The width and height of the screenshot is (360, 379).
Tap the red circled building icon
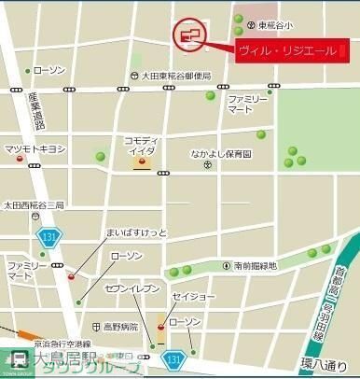190,36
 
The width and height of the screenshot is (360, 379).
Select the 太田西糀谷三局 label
34,205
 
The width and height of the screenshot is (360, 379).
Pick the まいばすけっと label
110,232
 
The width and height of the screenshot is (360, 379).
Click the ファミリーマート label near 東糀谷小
248,104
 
